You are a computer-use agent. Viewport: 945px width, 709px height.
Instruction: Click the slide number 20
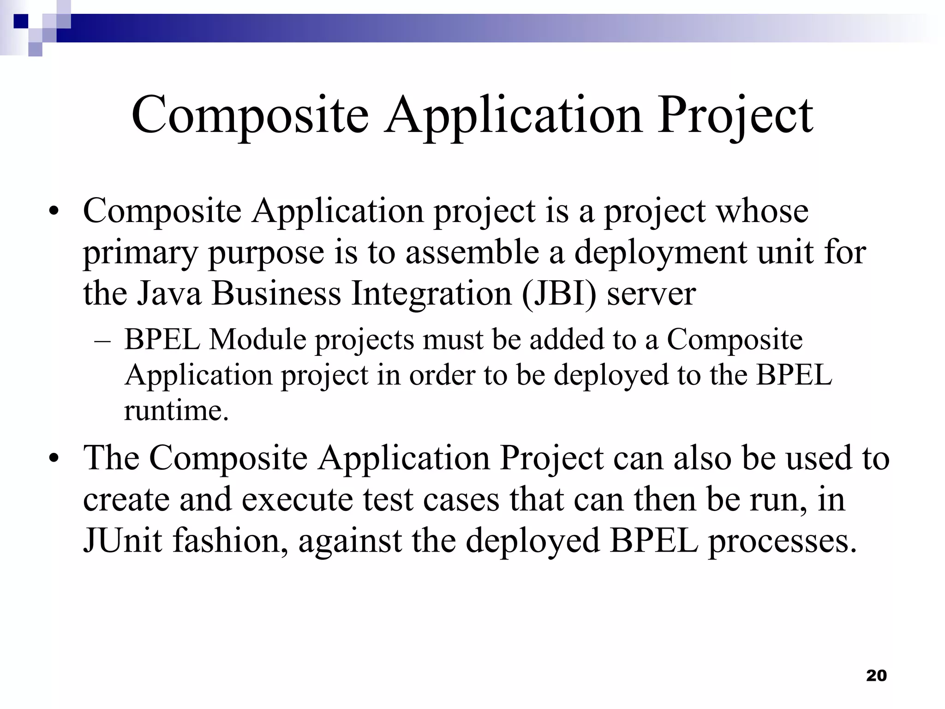(x=876, y=675)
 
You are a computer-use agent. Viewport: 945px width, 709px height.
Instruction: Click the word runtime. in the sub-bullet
(x=176, y=410)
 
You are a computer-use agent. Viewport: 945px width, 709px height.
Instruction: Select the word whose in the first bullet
(x=762, y=211)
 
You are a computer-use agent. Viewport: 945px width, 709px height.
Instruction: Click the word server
(x=651, y=294)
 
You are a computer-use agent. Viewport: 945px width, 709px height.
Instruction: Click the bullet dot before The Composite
(x=55, y=459)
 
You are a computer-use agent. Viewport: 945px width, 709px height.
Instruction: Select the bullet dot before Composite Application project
(x=55, y=212)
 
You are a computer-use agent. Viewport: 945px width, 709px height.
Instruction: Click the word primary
(x=140, y=253)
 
